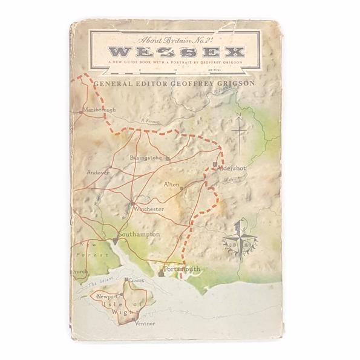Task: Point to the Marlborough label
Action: coord(100,110)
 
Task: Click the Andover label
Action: coord(98,172)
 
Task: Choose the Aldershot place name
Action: coord(232,166)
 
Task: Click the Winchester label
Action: coord(149,209)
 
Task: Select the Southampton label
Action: coord(139,234)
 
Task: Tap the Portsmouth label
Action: coord(182,269)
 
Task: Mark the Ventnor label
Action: coord(145,323)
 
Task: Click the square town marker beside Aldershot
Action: coord(214,165)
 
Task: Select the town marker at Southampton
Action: coord(115,240)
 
